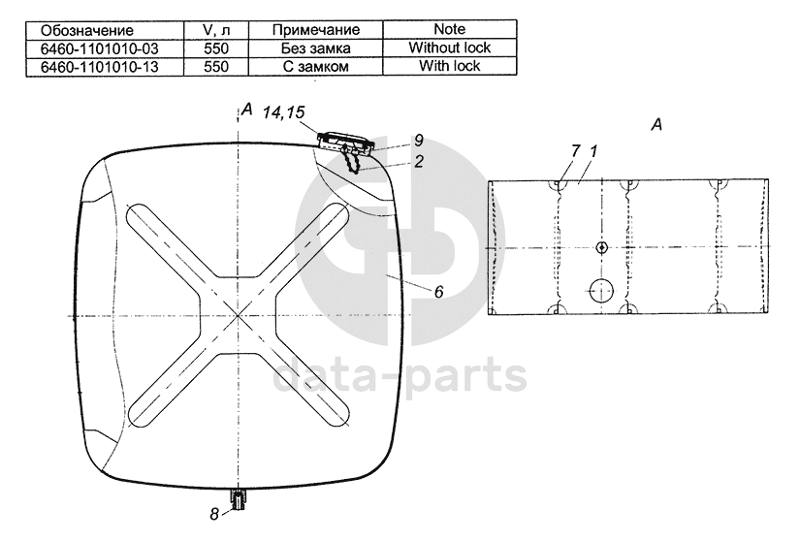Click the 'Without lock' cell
450,48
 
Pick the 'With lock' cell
450,66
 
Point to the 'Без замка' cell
316,48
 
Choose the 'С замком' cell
316,67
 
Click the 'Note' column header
450,30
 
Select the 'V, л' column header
216,30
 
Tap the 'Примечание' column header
316,30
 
